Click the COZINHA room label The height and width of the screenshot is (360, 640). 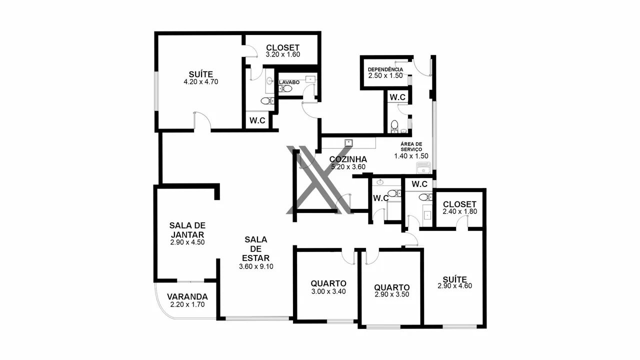(348, 159)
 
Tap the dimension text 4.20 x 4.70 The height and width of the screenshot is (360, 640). (201, 82)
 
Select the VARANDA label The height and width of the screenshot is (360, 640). (187, 297)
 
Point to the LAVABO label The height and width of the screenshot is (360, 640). (289, 82)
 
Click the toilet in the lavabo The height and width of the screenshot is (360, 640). (285, 88)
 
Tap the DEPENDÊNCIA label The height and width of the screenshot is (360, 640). (385, 69)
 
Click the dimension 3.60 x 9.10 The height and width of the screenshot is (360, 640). (256, 266)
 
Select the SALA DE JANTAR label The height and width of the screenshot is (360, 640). (187, 230)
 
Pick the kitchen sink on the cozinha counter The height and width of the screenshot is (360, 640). (348, 142)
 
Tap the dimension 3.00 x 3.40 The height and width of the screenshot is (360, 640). (328, 291)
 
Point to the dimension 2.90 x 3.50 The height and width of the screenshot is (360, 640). (391, 294)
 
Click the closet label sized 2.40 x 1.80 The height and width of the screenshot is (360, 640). (459, 204)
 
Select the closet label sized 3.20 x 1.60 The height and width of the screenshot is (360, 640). (282, 47)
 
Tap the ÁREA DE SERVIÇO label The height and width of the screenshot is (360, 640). (411, 147)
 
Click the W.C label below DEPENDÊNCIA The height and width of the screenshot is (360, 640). (397, 97)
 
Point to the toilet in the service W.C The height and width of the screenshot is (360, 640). (394, 126)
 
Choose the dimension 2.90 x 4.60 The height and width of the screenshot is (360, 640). (454, 286)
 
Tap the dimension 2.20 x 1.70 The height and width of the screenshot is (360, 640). (187, 304)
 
